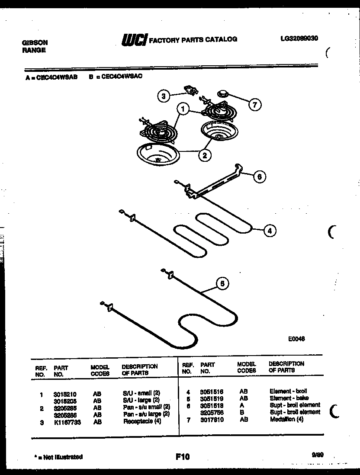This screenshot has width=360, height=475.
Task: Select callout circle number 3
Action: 163,96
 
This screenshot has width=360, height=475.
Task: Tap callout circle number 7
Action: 255,104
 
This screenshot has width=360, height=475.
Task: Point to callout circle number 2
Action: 204,154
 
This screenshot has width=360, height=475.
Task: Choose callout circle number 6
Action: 259,177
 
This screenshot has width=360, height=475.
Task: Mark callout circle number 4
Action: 269,231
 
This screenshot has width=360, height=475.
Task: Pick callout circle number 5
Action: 222,284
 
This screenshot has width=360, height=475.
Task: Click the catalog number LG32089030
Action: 299,38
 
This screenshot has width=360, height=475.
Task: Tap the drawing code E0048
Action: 296,339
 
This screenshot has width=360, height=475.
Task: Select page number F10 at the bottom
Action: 183,456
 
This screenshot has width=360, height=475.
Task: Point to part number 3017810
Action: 212,419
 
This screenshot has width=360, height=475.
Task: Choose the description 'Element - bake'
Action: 289,398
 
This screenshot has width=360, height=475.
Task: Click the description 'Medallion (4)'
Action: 286,419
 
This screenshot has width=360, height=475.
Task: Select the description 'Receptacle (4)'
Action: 142,421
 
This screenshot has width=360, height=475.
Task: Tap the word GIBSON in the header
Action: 35,43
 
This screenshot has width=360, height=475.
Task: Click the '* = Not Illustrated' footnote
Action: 58,456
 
